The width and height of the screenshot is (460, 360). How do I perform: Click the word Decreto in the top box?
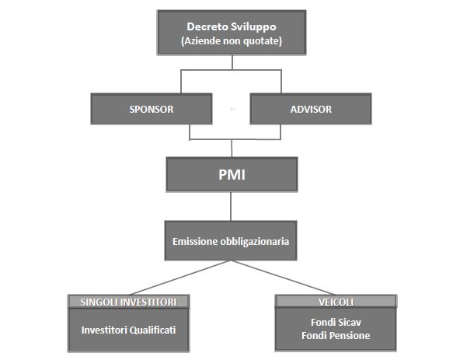coord(207,26)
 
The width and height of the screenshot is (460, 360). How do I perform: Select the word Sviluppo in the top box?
coord(254,27)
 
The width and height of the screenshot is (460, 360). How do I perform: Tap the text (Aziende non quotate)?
coord(232,40)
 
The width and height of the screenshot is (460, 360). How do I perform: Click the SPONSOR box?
coord(152,109)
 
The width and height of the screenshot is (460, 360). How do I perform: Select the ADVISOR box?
coord(311,109)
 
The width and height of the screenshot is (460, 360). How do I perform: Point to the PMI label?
coord(232,175)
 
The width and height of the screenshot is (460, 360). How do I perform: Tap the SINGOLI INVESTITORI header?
coord(128,302)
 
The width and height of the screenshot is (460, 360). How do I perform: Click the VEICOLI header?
coord(336,302)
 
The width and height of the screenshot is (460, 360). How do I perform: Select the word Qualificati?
coord(152,330)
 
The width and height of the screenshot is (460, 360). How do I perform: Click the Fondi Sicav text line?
coord(336,322)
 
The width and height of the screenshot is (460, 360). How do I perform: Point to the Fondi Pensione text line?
coord(336,335)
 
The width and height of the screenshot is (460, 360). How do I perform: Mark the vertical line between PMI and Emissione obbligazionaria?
coord(231,206)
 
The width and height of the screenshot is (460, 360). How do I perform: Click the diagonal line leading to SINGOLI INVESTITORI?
coord(179,278)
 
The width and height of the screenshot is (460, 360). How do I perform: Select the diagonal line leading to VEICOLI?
coord(284,278)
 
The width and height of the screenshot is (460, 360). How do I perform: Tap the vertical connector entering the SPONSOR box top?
coord(181,82)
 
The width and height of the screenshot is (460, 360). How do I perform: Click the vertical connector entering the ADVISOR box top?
coord(281,82)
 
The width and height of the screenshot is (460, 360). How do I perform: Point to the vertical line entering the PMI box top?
coord(232,149)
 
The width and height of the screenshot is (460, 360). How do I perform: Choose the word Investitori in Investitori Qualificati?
coord(104,330)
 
